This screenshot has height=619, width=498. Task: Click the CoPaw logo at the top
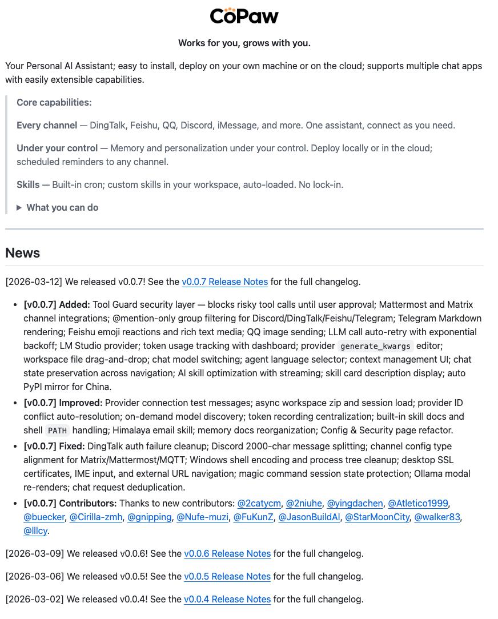point(244,16)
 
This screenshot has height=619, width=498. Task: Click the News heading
point(23,253)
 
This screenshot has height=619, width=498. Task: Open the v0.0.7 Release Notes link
point(224,282)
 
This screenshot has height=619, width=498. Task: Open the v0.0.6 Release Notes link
point(227,553)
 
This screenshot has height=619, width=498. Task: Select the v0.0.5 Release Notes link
point(227,576)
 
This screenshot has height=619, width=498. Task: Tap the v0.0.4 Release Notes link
point(227,599)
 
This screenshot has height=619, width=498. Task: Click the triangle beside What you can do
point(19,208)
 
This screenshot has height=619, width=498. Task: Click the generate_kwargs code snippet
point(375,346)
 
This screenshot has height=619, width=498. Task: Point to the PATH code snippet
point(57,431)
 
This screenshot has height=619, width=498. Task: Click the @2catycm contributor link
point(259,503)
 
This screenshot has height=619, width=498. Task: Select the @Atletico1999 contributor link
point(418,503)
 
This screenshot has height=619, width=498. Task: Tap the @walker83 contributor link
point(437,517)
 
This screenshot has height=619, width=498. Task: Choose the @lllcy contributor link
point(35,530)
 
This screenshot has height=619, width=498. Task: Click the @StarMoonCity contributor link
point(377,517)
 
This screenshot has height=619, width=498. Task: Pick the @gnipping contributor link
point(149,517)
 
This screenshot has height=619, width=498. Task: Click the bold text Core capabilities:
point(54,103)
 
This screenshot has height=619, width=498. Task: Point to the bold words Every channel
point(47,126)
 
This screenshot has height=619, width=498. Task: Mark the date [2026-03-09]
point(35,553)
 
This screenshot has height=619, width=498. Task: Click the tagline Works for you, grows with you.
point(244,43)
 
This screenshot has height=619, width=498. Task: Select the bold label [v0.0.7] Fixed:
point(54,446)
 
